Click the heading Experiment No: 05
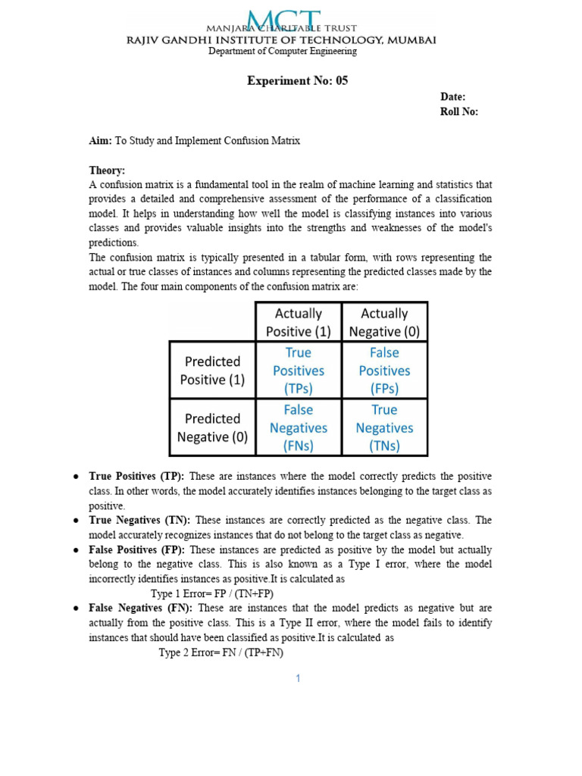297,81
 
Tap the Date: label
453,97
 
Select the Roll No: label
459,112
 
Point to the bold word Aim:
101,141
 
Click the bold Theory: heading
108,171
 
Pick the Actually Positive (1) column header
299,322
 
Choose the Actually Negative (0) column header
384,322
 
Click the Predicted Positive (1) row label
212,371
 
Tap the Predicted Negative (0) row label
212,427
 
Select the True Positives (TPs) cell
299,371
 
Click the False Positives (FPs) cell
384,371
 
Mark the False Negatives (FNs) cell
299,427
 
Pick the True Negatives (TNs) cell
384,427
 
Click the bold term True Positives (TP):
137,476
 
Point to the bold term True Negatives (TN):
139,520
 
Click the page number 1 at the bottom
299,678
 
